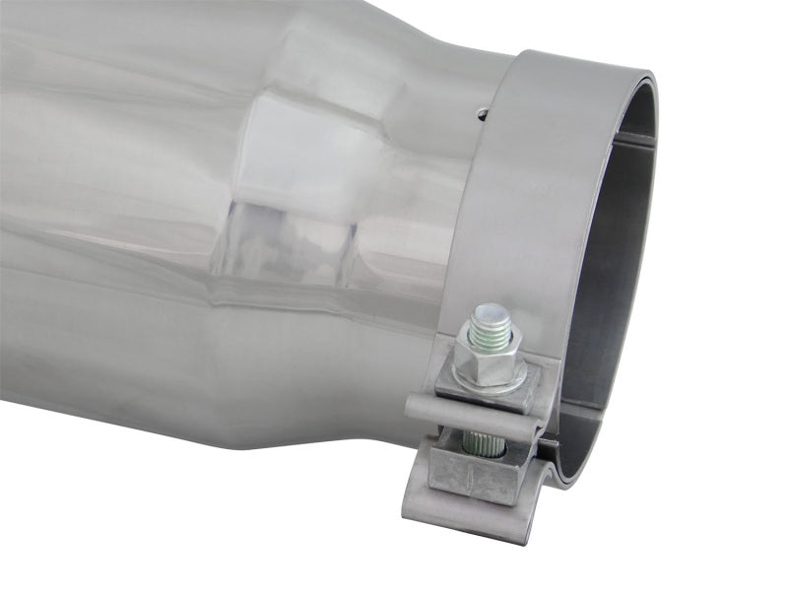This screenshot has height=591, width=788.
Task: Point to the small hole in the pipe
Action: pos(482,114)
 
